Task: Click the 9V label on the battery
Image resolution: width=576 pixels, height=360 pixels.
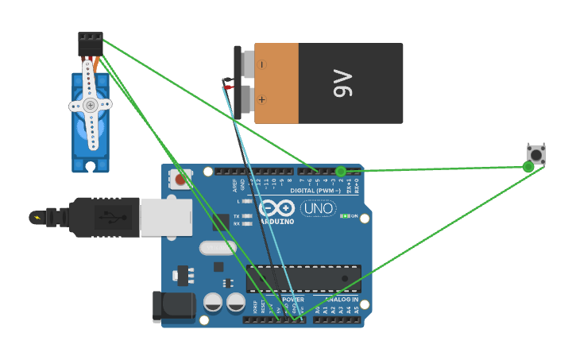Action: pos(342,83)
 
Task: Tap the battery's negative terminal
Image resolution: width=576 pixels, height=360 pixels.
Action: pos(261,64)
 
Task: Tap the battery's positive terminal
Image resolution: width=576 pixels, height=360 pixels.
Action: pos(261,99)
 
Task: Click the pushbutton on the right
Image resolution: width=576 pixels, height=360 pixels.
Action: pos(536,154)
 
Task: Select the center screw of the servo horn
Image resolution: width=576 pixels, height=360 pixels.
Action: pos(91,105)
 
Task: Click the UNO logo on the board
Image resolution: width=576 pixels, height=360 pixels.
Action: pos(318,208)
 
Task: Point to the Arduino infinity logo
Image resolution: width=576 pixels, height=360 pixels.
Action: pos(276,208)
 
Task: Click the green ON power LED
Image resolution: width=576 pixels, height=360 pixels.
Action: pos(344,215)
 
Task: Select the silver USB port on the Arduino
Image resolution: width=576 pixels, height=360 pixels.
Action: pos(166,218)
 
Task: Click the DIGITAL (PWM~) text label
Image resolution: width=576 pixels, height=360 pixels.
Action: pos(318,191)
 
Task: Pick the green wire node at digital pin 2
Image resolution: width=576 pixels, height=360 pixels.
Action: pos(341,171)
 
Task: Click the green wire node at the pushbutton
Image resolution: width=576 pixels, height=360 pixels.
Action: pos(528,167)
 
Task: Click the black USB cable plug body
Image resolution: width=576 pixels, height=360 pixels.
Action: pos(103,217)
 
